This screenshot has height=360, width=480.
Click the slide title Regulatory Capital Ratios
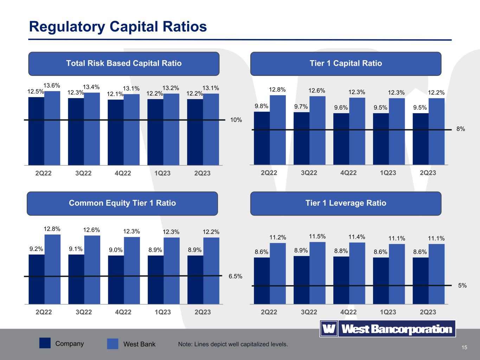118,27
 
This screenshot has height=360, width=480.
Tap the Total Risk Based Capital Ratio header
124,64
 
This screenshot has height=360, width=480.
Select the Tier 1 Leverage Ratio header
346,203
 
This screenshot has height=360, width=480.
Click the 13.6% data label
52,85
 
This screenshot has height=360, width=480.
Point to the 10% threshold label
236,120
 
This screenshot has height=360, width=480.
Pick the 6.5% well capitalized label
235,276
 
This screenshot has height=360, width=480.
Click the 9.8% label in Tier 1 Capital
262,106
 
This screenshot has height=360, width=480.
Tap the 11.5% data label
317,236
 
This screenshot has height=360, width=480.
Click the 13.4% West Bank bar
92,128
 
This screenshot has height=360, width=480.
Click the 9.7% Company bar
301,138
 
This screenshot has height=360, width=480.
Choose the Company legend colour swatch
45,343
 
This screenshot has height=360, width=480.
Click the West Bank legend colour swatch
113,344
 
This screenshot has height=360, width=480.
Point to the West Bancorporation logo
388,329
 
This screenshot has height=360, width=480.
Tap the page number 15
465,348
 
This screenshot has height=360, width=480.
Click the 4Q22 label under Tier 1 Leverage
348,312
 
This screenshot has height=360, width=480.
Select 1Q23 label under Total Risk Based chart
162,173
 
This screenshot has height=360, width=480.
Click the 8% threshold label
461,129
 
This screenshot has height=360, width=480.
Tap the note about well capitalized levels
233,344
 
